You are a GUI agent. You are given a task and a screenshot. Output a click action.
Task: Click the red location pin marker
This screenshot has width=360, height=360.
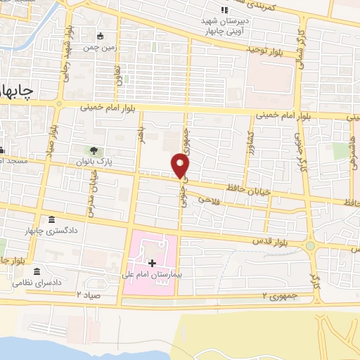181,165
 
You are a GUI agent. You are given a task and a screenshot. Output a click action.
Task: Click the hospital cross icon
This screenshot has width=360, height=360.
151,262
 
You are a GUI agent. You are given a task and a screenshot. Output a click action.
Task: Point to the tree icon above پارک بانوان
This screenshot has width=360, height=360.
93,151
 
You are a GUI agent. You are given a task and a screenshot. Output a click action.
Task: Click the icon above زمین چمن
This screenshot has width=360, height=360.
101,36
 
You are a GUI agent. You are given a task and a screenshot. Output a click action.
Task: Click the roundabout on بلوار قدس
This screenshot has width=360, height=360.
309,246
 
